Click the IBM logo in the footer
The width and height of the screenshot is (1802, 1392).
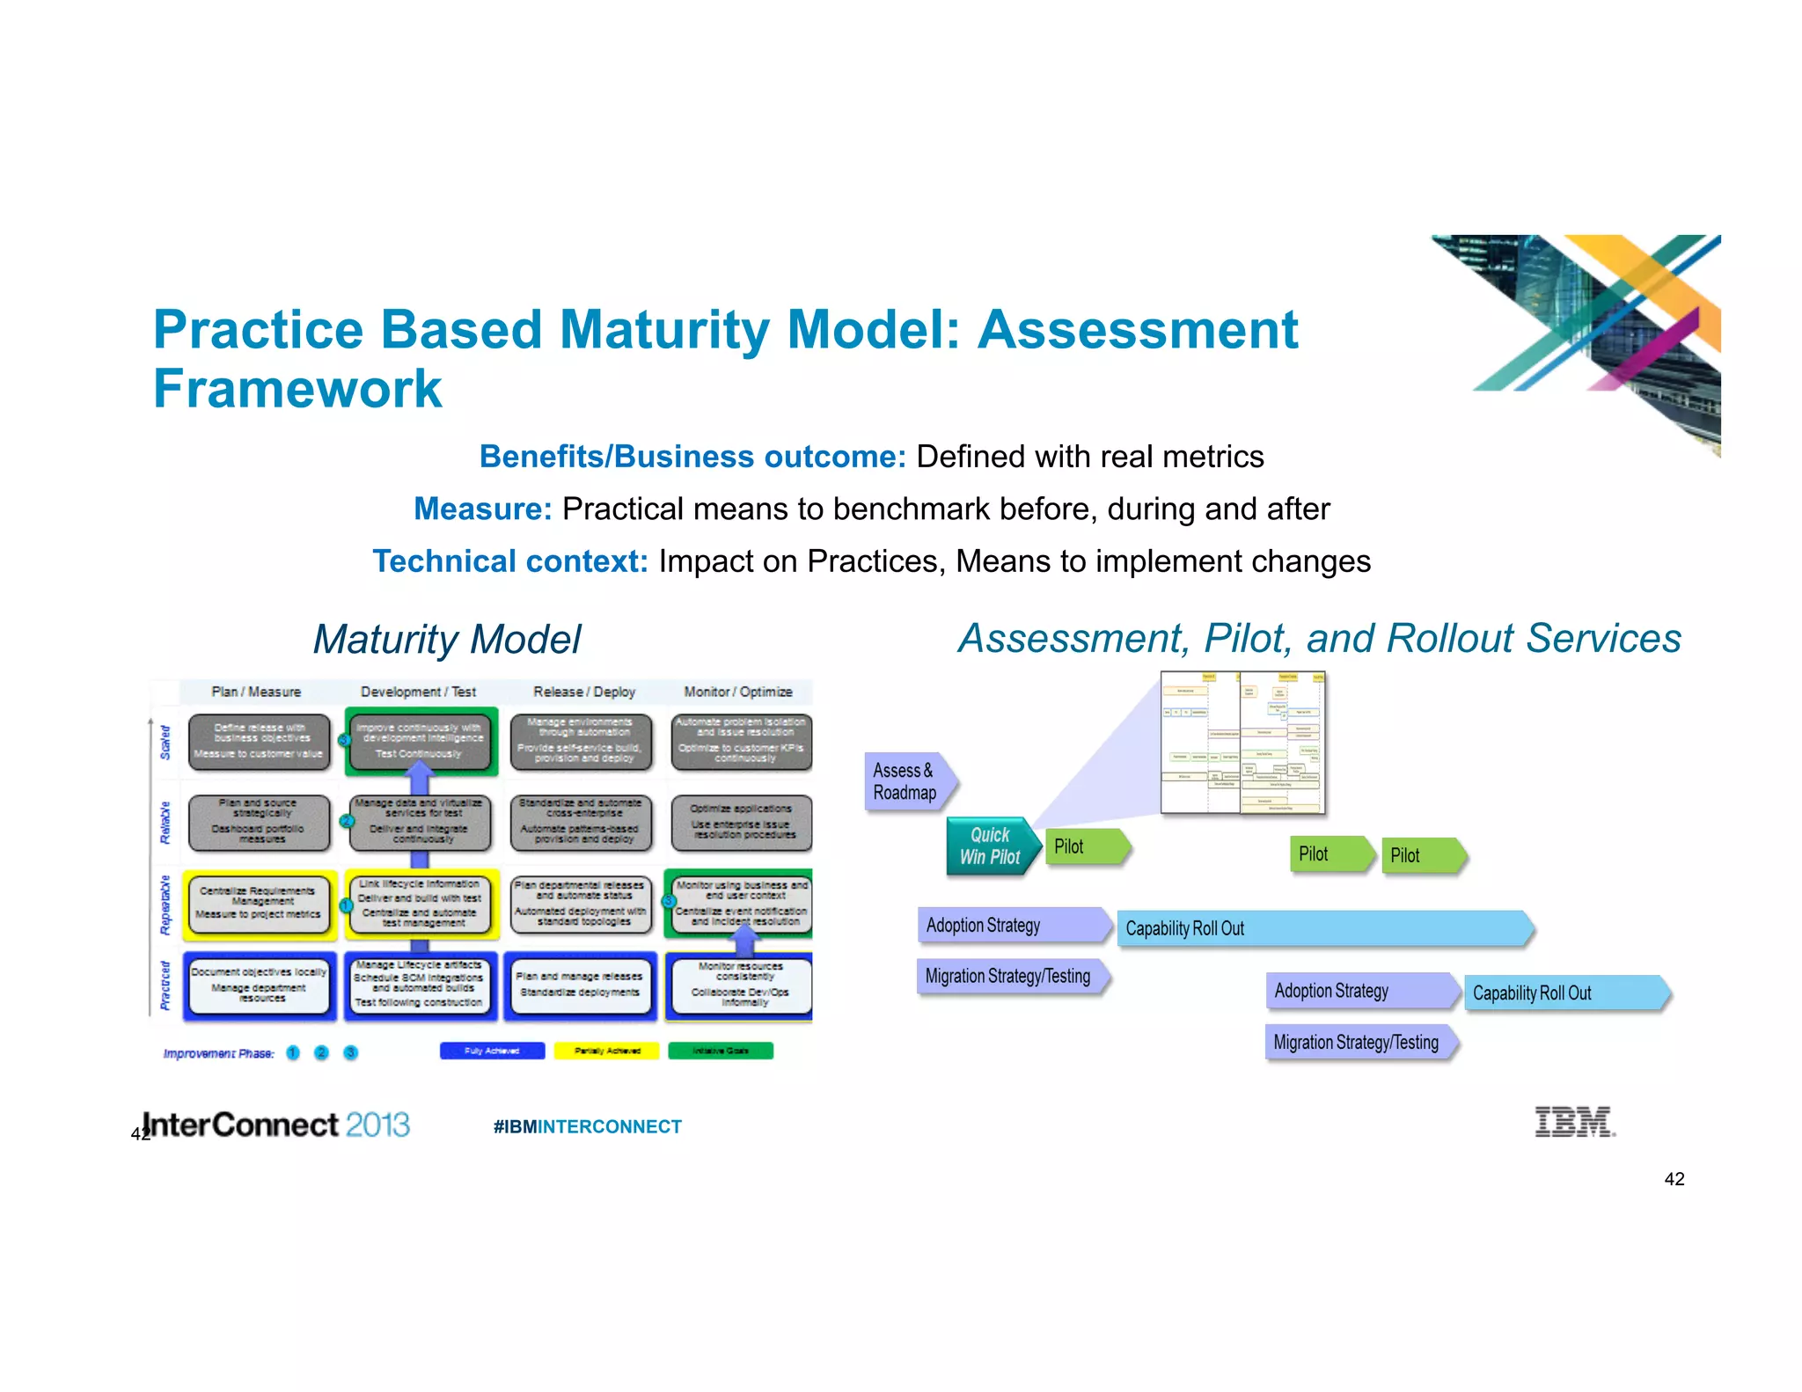pyautogui.click(x=1574, y=1122)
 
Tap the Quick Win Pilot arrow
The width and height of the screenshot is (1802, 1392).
pyautogui.click(x=989, y=846)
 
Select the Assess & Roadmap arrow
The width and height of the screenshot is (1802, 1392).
pyautogui.click(x=906, y=781)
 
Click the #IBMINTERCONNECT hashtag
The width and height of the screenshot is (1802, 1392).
pyautogui.click(x=587, y=1126)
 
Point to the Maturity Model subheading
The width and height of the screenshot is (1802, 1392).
pyautogui.click(x=447, y=640)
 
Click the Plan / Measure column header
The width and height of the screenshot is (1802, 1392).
pyautogui.click(x=256, y=692)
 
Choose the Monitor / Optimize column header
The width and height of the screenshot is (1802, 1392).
pyautogui.click(x=737, y=692)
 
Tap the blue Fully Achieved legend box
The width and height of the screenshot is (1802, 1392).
pyautogui.click(x=492, y=1051)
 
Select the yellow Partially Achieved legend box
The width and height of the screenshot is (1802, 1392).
pyautogui.click(x=606, y=1051)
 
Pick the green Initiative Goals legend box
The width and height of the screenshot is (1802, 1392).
pyautogui.click(x=720, y=1051)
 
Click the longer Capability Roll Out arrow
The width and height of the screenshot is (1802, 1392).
pyautogui.click(x=1320, y=928)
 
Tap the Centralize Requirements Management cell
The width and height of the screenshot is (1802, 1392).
pyautogui.click(x=259, y=904)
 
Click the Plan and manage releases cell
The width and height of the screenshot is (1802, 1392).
pyautogui.click(x=579, y=985)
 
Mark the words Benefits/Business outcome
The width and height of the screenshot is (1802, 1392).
pyautogui.click(x=692, y=457)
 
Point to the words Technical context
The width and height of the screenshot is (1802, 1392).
pyautogui.click(x=510, y=561)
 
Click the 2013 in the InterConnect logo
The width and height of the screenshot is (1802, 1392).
pyautogui.click(x=377, y=1125)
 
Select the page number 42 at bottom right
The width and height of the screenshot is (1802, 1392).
pyautogui.click(x=1674, y=1179)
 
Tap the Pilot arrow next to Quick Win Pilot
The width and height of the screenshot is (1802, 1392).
pyautogui.click(x=1082, y=846)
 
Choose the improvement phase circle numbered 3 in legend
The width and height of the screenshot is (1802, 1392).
pyautogui.click(x=350, y=1052)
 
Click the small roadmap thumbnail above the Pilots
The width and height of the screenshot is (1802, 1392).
pyautogui.click(x=1242, y=744)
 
